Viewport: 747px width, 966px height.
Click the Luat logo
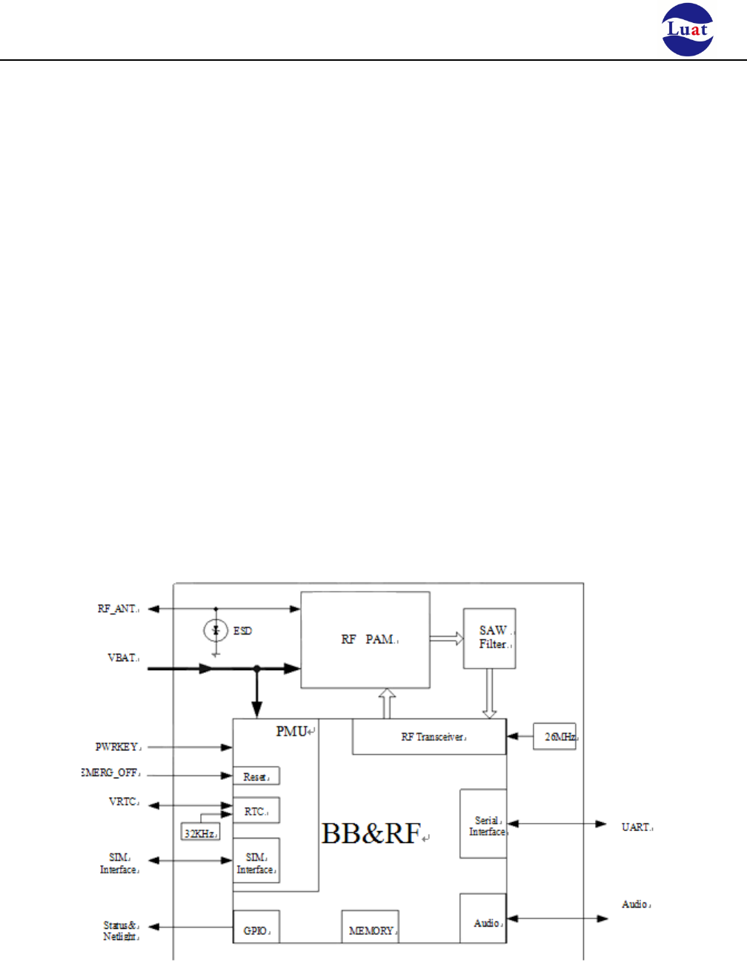[687, 30]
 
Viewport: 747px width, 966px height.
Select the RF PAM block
[365, 640]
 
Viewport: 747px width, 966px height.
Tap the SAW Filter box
[489, 638]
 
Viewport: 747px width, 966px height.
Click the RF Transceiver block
[429, 737]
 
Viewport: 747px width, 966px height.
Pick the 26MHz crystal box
[554, 736]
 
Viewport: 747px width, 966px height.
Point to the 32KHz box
[199, 833]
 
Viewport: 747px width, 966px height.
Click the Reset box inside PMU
[256, 776]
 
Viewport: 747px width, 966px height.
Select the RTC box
[256, 811]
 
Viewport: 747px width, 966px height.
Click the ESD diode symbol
[216, 631]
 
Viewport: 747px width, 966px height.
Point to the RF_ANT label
[117, 609]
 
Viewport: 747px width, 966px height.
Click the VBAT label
[122, 658]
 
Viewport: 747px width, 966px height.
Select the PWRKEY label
[117, 747]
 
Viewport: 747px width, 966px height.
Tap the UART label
[636, 827]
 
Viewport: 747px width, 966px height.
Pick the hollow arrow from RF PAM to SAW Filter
[446, 639]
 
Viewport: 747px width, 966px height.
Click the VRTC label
[123, 801]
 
